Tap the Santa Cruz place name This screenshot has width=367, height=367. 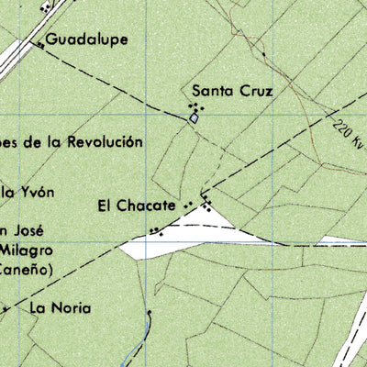pos(233,91)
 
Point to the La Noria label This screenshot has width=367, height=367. pos(60,308)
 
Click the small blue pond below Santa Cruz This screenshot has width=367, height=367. pos(194,118)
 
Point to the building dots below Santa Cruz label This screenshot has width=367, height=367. pos(195,108)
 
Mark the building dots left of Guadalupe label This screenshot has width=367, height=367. pos(39,43)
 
